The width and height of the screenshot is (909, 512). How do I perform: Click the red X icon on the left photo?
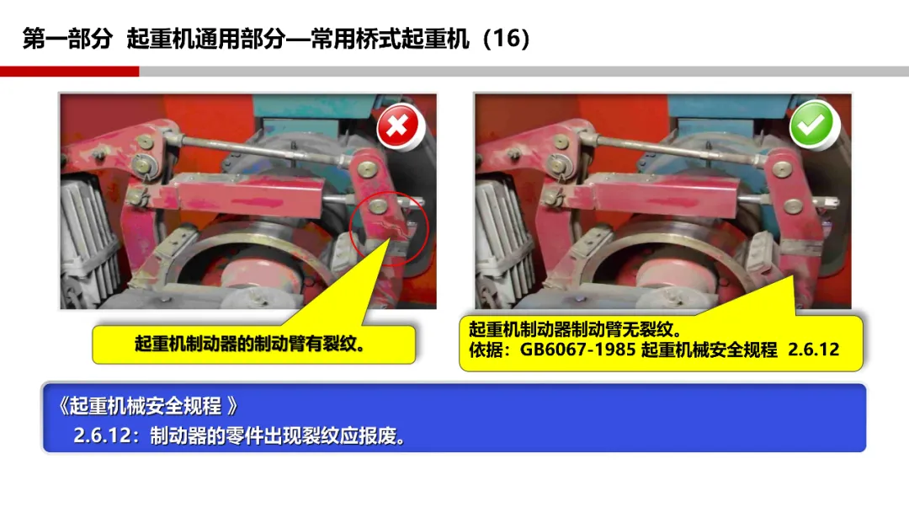[x=400, y=126]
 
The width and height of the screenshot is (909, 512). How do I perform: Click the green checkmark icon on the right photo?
[x=813, y=124]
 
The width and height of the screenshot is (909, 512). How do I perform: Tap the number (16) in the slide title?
[x=507, y=38]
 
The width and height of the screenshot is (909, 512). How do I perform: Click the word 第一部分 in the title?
[x=67, y=39]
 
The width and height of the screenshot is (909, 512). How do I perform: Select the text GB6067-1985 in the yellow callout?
[x=577, y=349]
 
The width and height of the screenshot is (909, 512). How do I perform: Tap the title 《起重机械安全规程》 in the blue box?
[x=148, y=406]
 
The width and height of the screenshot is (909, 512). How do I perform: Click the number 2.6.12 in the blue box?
[x=103, y=435]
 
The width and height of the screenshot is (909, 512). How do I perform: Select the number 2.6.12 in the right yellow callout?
[x=813, y=349]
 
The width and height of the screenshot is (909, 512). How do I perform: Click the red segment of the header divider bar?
[x=70, y=72]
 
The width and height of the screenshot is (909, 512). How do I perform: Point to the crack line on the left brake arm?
[x=389, y=227]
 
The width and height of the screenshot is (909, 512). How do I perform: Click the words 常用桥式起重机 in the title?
[x=390, y=39]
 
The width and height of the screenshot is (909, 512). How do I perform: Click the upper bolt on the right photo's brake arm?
[x=782, y=169]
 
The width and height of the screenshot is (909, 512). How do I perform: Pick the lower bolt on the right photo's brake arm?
[x=793, y=205]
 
